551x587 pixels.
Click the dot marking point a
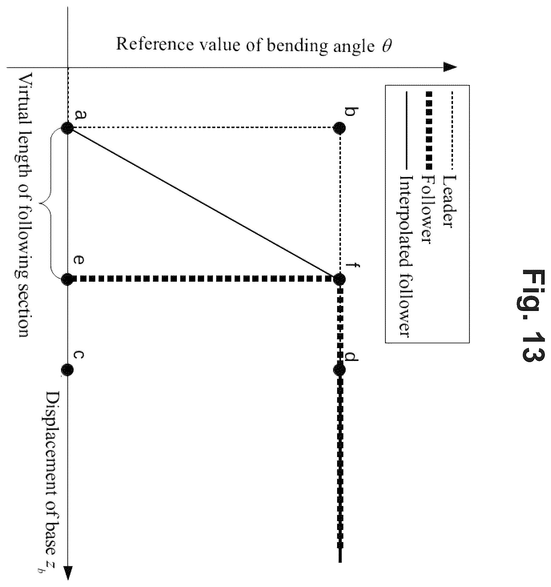(67, 128)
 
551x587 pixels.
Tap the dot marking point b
(339, 128)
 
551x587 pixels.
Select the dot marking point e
(67, 279)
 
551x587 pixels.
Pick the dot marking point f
(339, 279)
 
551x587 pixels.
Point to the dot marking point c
(67, 370)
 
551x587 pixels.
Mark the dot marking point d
(339, 370)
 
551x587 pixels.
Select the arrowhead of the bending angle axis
(450, 67)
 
